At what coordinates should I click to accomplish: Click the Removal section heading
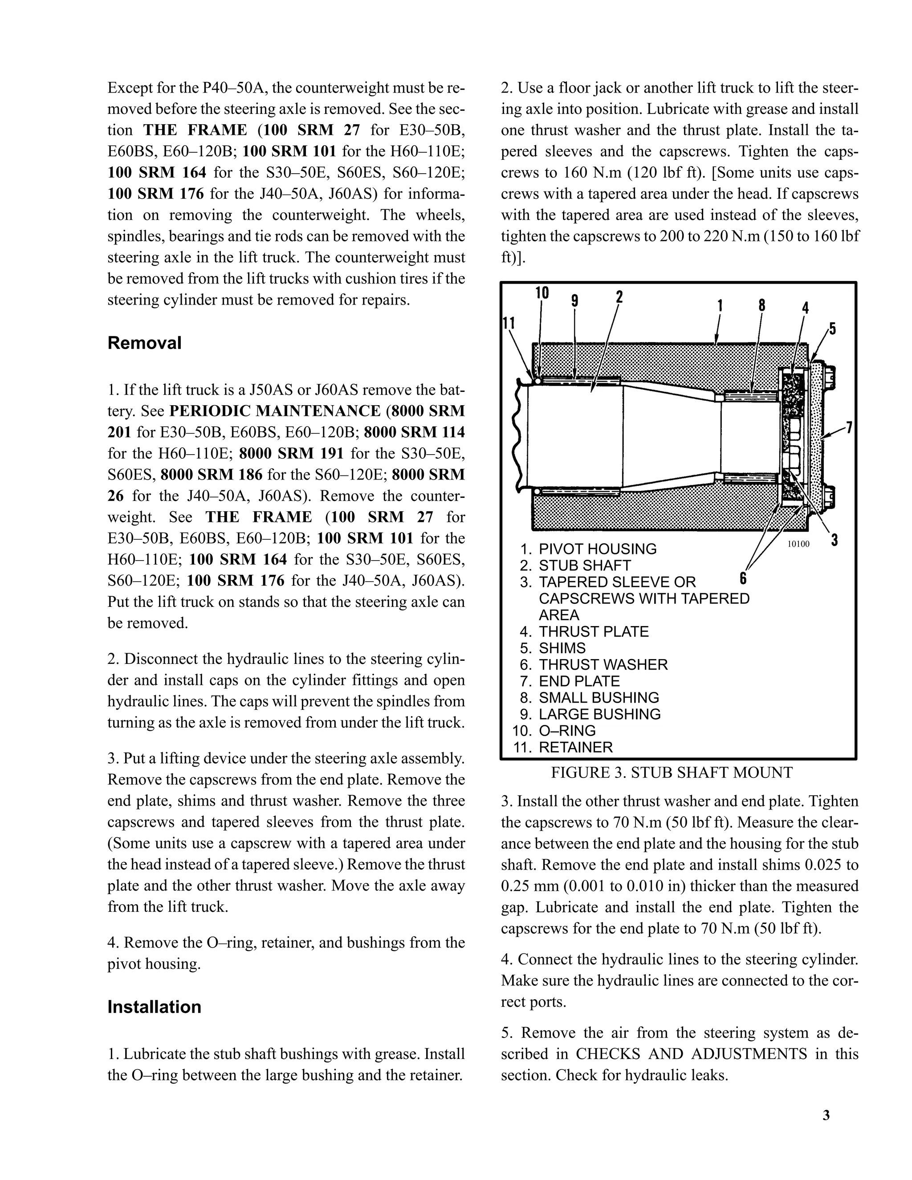(x=144, y=343)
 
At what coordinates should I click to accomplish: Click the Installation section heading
(x=154, y=1007)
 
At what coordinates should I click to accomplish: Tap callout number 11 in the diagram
(x=509, y=323)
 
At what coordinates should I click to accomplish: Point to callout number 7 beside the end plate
(x=849, y=427)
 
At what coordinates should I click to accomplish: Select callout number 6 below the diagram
(x=743, y=578)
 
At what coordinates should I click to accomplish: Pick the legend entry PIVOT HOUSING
(x=597, y=549)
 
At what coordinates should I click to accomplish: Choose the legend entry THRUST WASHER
(x=603, y=664)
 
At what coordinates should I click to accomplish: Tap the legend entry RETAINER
(x=575, y=747)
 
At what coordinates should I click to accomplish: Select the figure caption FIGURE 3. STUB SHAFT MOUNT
(x=672, y=773)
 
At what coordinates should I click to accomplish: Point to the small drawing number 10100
(x=798, y=544)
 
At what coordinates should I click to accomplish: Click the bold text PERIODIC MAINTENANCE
(x=274, y=411)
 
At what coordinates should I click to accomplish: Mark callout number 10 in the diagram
(x=542, y=293)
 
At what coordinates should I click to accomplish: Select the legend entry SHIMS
(x=562, y=648)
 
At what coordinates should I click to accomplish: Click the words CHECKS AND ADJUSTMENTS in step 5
(x=691, y=1054)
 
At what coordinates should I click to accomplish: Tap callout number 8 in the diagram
(x=762, y=305)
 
